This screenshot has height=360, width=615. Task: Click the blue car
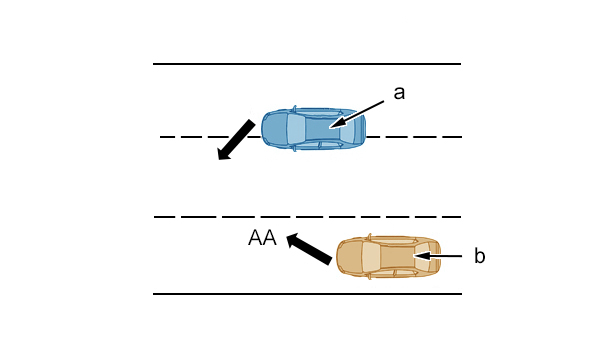(314, 128)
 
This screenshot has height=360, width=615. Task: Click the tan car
(389, 256)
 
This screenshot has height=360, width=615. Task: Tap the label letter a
(399, 93)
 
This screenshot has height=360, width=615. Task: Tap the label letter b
(479, 255)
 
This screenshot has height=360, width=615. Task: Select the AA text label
(262, 238)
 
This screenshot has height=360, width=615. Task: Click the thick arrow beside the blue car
(236, 140)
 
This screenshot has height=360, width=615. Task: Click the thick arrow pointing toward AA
(309, 249)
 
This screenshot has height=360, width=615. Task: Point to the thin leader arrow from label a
(357, 114)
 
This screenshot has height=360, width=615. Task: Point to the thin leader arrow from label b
(437, 256)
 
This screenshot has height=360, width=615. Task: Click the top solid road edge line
(307, 64)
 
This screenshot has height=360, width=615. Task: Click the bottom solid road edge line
(307, 293)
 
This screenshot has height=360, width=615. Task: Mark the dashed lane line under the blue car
(311, 137)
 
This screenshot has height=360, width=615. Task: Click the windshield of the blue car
(295, 129)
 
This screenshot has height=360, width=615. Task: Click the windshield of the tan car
(371, 257)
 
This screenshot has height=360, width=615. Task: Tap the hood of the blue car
(275, 128)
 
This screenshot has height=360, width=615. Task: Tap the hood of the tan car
(350, 256)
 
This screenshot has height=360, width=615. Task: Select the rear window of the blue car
(347, 128)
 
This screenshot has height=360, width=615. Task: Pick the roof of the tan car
(397, 257)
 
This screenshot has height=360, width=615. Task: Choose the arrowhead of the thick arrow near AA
(294, 240)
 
